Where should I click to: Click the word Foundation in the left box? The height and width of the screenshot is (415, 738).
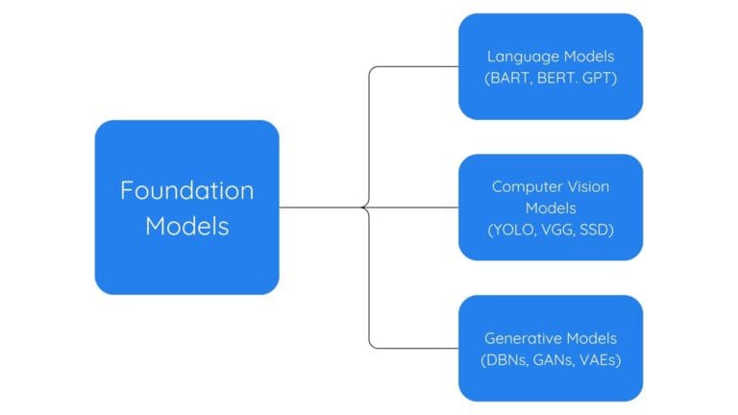click(186, 189)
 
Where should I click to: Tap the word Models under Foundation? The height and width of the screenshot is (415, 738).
click(186, 227)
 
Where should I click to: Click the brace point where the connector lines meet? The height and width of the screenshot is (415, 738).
click(363, 207)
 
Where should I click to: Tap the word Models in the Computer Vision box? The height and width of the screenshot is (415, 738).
click(550, 207)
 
